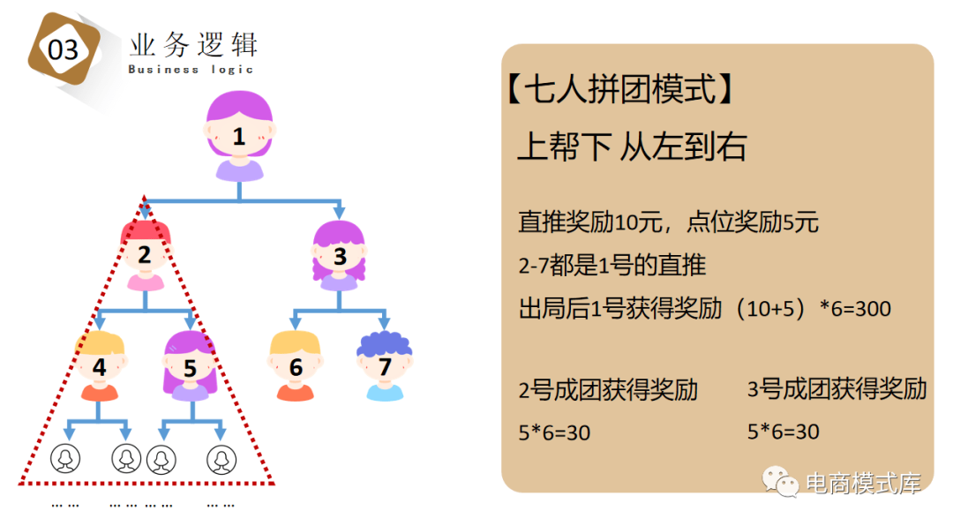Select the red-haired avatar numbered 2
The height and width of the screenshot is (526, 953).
tap(146, 256)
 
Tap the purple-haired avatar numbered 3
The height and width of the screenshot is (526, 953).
tap(340, 256)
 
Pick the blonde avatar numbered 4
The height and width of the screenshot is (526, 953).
tap(100, 367)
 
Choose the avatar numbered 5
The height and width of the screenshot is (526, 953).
tap(190, 367)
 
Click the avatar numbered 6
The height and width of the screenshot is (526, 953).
tap(296, 367)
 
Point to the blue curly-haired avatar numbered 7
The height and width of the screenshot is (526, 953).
tap(385, 367)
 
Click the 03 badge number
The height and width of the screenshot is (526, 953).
tap(64, 49)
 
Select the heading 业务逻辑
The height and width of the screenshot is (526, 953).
tap(192, 44)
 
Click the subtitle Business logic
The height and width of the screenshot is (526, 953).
tap(191, 69)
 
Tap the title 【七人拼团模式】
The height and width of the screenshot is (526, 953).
tap(620, 89)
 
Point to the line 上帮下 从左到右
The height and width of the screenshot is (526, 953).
tap(631, 147)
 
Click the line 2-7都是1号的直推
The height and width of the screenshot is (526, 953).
tap(612, 265)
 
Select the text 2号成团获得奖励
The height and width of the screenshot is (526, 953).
tap(608, 389)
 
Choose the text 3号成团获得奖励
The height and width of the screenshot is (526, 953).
tap(837, 388)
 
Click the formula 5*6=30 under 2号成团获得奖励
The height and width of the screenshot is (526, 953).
tap(554, 432)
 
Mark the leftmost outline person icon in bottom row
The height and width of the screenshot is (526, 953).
tap(64, 458)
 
